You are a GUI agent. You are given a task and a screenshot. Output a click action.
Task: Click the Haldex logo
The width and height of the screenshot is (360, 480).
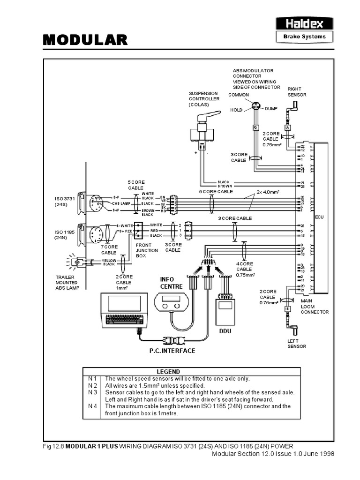304,22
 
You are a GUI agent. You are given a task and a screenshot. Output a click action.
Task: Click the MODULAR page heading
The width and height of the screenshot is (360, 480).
85,40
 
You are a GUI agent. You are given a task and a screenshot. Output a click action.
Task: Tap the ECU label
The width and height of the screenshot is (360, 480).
319,217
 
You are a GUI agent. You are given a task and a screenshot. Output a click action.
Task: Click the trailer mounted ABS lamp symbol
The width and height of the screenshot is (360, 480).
79,263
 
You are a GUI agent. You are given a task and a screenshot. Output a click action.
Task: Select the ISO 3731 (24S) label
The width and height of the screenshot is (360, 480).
62,201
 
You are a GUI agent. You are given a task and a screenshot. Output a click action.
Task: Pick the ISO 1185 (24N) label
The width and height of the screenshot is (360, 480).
62,234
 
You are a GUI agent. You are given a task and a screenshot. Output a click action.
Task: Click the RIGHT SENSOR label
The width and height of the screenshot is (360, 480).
297,91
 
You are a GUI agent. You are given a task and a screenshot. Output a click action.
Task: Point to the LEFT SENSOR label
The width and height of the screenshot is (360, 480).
297,344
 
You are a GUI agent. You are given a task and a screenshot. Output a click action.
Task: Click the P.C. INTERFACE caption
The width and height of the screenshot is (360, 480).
172,351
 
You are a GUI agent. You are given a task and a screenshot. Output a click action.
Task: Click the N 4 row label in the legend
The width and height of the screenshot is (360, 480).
92,406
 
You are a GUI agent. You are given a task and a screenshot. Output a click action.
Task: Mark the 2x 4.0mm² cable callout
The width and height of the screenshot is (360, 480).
268,192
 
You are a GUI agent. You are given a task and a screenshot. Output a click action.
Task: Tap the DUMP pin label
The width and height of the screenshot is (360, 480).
271,108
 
